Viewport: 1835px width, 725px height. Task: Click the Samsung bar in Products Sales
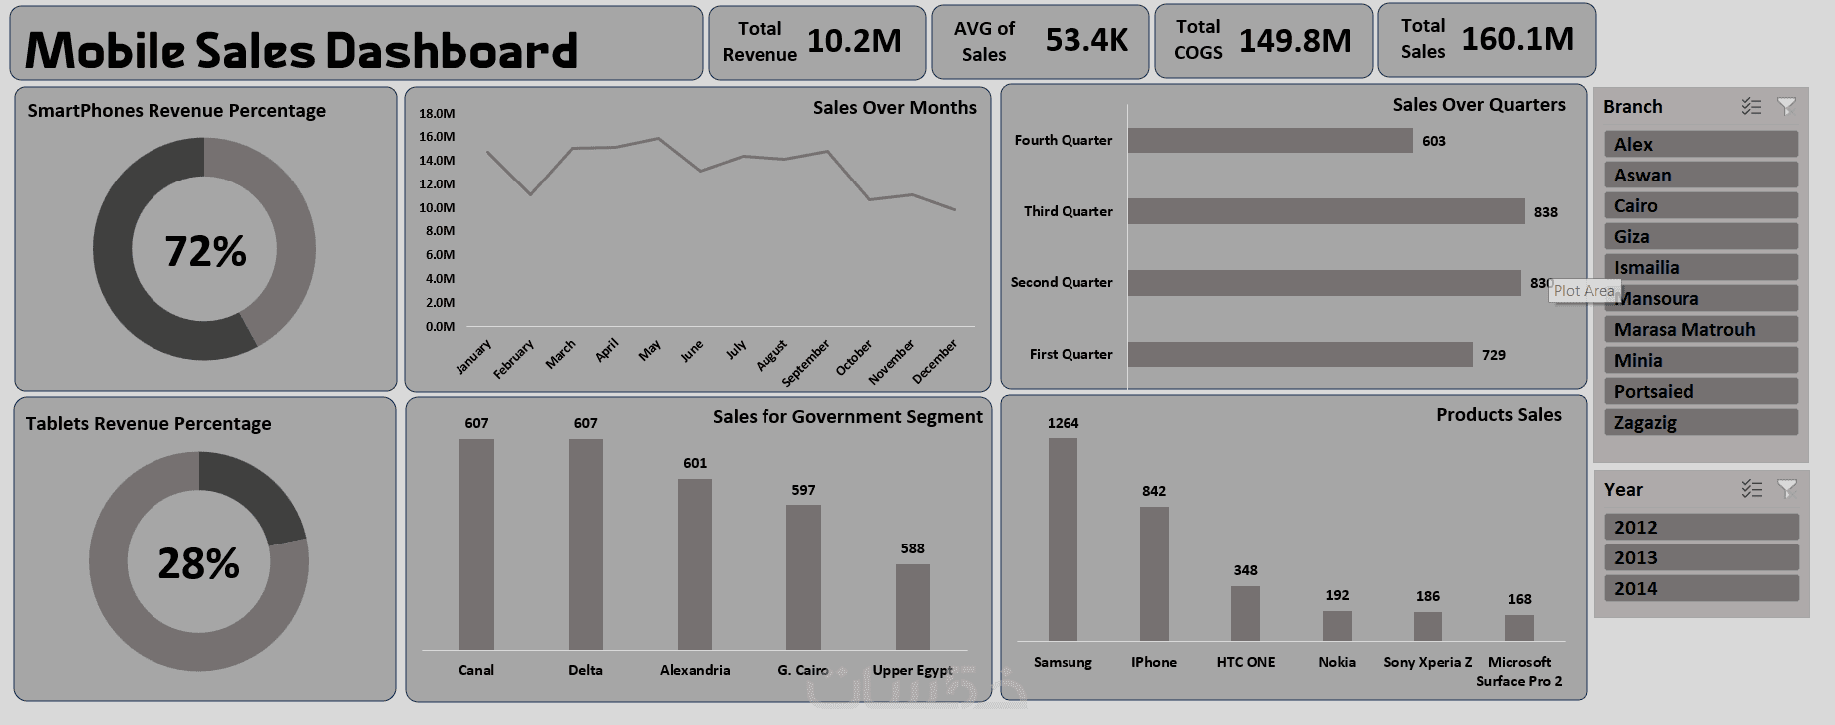(1063, 539)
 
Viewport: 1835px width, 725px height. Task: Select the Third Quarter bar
(1326, 211)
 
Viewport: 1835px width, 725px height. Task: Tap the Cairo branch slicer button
(1699, 206)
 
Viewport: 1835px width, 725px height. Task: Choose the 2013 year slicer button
(1699, 558)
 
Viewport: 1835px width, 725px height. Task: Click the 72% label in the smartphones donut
(205, 251)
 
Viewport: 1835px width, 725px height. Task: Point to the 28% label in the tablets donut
(199, 564)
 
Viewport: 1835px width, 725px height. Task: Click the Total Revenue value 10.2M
(854, 41)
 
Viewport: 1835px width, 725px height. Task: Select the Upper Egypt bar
(912, 606)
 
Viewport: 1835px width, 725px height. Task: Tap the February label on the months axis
(514, 359)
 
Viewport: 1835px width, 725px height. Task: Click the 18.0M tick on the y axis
(437, 113)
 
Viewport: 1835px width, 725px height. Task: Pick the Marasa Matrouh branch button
(1699, 330)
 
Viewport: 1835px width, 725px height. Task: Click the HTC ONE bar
(1245, 612)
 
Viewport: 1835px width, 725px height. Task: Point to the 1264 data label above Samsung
(1063, 423)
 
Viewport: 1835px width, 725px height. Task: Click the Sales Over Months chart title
(894, 108)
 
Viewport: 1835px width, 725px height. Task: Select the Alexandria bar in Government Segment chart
(695, 563)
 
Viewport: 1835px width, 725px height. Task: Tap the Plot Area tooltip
(1584, 291)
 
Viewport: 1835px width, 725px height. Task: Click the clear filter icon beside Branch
(1786, 106)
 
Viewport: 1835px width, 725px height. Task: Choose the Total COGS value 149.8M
(1295, 41)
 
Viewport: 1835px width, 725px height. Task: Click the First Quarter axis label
(1070, 354)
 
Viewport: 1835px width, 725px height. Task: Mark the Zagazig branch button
(1699, 423)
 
